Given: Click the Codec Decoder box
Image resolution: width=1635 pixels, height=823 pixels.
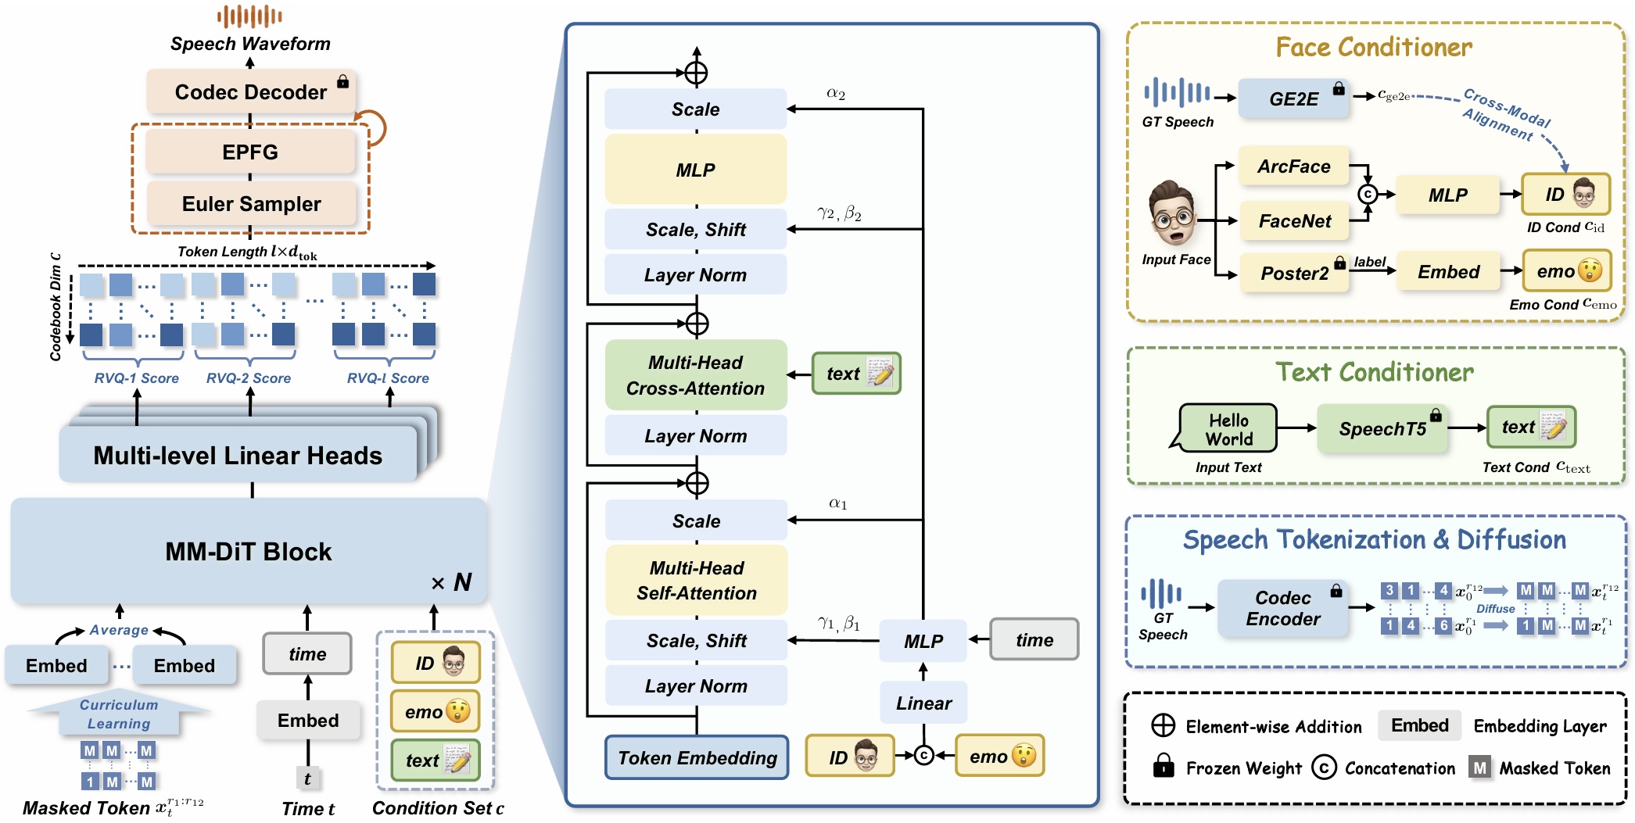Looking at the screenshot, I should coord(250,92).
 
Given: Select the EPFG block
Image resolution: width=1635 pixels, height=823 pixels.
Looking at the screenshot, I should coord(250,152).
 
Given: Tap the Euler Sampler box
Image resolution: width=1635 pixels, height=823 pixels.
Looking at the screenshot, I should coord(251,204).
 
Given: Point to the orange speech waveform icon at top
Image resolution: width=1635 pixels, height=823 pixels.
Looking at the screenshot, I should coord(249,16).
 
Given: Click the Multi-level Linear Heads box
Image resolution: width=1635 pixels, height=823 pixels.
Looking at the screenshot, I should coord(238,455).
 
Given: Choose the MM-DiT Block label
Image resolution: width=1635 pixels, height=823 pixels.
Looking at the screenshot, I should coord(249,552).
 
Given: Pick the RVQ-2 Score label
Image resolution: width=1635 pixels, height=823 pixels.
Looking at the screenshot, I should coord(249,378).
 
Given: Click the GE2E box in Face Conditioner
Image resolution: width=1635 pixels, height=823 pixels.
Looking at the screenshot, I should coord(1294,99).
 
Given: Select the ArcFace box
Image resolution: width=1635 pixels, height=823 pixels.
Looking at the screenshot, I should coord(1294,166).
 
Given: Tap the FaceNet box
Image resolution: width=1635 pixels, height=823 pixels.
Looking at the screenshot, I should coord(1294,221).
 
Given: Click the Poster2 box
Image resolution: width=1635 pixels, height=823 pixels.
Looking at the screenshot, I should coord(1294,273).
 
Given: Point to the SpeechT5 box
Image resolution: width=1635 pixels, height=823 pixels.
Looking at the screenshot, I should coord(1382,428).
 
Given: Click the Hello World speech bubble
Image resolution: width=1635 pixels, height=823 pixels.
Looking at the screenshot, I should coord(1228,429).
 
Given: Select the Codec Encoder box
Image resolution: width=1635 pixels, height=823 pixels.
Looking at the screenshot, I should coord(1283,608).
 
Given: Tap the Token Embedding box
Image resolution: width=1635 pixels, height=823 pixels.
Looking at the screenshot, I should coord(697,757).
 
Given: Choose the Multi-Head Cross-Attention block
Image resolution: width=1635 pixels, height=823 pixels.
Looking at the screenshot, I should coord(695,375).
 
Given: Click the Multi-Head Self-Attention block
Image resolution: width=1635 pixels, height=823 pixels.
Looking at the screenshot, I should coord(696,580).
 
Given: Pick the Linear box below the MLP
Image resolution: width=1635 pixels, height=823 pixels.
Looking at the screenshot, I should coord(923,703).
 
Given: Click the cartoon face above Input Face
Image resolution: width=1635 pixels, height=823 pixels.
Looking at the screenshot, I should coord(1172,213).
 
